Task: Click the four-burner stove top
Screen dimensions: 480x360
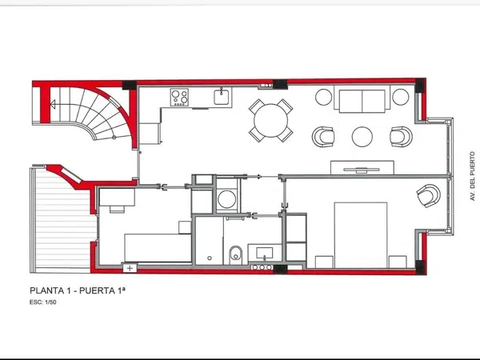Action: point(179,98)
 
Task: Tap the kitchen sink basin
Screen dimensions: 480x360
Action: point(221,98)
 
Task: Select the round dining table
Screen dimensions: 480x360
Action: point(271,121)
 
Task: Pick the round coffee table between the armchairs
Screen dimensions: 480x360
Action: point(362,137)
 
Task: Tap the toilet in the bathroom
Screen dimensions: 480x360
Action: point(235,254)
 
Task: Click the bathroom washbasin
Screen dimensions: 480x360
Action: point(265,253)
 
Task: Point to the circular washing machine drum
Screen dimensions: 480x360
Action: point(227,199)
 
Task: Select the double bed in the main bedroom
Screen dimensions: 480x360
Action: point(361,235)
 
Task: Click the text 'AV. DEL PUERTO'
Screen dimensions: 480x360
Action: point(473,176)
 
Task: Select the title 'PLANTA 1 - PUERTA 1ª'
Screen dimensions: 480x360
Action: point(78,290)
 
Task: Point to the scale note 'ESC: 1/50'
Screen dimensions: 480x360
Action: point(43,302)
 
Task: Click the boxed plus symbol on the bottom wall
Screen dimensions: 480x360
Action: point(130,269)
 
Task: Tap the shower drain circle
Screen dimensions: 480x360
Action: point(210,258)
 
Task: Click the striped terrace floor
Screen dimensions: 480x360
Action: point(64,219)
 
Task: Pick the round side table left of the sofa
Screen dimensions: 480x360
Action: point(323,97)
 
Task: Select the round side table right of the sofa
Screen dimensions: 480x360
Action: point(401,97)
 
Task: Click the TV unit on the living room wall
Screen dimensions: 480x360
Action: point(362,168)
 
